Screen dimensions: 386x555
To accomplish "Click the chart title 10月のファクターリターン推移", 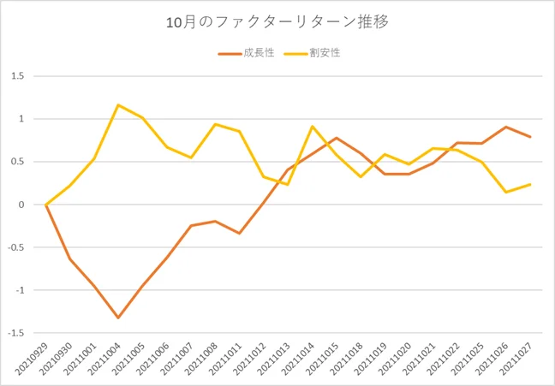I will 277,23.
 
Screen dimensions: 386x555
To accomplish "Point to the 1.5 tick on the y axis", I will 16,76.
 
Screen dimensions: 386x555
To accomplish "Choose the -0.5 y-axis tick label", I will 15,247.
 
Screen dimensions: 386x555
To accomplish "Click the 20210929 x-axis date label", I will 33,359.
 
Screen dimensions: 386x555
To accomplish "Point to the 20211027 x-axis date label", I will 516,359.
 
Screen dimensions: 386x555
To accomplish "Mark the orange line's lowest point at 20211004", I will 118,318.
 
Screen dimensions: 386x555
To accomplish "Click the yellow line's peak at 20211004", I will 118,105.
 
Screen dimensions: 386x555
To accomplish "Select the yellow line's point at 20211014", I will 312,127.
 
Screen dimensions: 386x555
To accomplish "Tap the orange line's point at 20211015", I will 337,138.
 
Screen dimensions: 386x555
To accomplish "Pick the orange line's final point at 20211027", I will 530,137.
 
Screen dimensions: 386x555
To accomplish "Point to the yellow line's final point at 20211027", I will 530,184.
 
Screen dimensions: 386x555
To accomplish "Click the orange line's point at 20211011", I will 240,233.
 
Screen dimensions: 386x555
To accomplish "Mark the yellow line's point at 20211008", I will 215,124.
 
